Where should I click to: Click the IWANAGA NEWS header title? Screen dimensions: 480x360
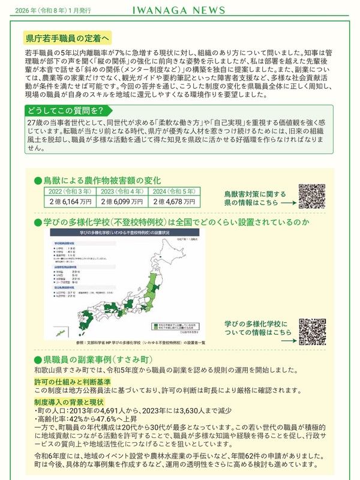(179, 10)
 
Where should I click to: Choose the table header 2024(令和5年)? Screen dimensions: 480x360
(173, 191)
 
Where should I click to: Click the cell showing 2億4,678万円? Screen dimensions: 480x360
(173, 202)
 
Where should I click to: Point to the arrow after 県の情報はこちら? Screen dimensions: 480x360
(287, 203)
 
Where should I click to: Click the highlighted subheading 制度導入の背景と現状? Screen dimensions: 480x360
(70, 401)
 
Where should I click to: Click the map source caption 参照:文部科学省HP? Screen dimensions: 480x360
(125, 343)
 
